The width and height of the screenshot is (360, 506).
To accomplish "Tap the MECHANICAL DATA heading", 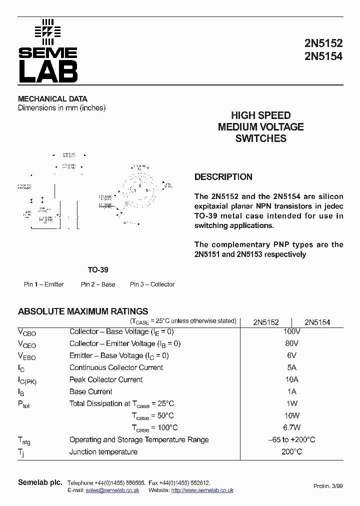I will point(52,99).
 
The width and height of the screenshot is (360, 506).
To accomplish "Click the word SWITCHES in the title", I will point(260,138).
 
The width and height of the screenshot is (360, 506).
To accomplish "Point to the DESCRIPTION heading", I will point(223,177).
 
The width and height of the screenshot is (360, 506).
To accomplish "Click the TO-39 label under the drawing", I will point(98,269).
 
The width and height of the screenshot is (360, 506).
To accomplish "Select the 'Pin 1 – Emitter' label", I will point(44,284).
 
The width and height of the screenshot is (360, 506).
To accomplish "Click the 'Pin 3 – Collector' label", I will point(152,284).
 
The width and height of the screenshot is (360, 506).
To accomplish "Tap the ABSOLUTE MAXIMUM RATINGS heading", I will point(83,311).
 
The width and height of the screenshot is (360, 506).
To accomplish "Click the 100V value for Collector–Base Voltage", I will point(291,331).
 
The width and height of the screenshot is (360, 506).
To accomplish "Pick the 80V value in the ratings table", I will point(291,343).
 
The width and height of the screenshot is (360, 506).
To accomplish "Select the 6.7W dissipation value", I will point(291,427).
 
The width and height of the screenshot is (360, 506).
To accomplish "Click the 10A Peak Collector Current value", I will point(291,379).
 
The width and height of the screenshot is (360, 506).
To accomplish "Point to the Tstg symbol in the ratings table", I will point(24,440).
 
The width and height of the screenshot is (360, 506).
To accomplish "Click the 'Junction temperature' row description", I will point(103,451).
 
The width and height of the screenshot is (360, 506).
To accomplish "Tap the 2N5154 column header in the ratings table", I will point(317,322).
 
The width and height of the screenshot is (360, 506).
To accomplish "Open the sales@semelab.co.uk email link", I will point(112,490).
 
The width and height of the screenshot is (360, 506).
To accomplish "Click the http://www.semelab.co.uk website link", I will point(202,490).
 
